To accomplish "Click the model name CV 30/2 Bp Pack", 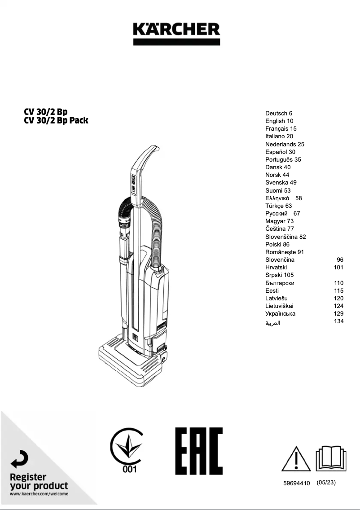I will tap(56, 120).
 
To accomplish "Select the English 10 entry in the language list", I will tap(279, 121).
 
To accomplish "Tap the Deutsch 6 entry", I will tap(279, 113).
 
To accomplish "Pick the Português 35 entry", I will tap(283, 159).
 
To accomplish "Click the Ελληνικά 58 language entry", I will tap(283, 198).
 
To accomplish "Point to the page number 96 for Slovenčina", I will tap(340, 259).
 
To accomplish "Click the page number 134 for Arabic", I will tap(339, 321).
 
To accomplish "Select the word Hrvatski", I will tap(276, 267).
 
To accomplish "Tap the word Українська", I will tap(280, 313).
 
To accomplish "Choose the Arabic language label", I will tap(273, 323).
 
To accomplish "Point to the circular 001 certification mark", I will tap(127, 450).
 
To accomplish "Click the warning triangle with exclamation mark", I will tap(296, 458).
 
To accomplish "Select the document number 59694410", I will tap(296, 483).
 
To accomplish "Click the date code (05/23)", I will tap(326, 483).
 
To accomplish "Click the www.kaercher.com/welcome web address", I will tap(39, 494).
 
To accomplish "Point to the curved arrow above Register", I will tap(20, 459).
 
